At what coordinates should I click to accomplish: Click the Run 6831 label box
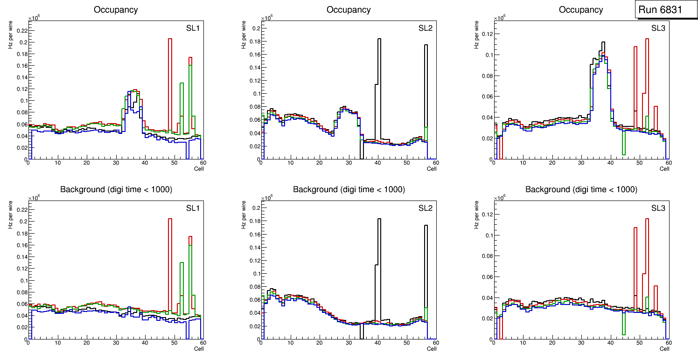[663, 10]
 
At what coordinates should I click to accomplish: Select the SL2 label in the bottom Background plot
[425, 208]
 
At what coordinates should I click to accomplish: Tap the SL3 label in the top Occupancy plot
[658, 28]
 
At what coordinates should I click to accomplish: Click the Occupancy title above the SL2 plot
[349, 10]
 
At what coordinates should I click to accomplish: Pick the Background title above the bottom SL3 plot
[581, 189]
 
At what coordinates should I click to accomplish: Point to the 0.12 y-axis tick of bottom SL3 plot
[486, 215]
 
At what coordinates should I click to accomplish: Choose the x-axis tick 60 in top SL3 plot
[668, 163]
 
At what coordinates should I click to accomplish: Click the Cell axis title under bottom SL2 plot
[432, 348]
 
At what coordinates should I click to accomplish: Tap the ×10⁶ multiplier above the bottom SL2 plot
[266, 198]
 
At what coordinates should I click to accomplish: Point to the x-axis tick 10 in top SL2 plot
[290, 163]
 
